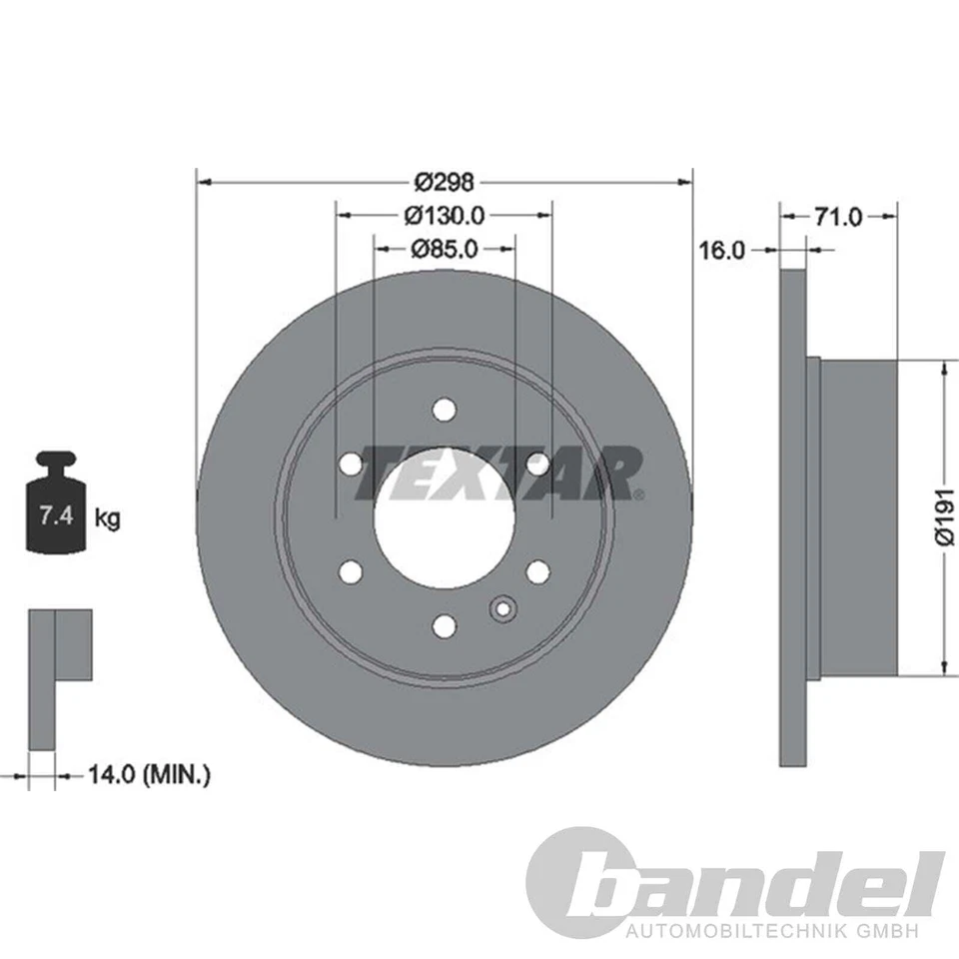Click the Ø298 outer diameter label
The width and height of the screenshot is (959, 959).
(445, 182)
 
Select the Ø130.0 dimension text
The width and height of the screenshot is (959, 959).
(445, 214)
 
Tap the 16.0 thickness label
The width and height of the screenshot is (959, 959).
(721, 250)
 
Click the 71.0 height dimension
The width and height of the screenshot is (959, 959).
(838, 216)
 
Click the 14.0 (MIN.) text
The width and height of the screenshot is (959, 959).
(147, 773)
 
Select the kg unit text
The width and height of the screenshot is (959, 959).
(108, 517)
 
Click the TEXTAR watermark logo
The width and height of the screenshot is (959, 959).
(499, 472)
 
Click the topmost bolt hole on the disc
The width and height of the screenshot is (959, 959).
(445, 410)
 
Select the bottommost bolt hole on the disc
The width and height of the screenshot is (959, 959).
(445, 625)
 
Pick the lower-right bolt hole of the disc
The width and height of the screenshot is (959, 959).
(538, 571)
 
